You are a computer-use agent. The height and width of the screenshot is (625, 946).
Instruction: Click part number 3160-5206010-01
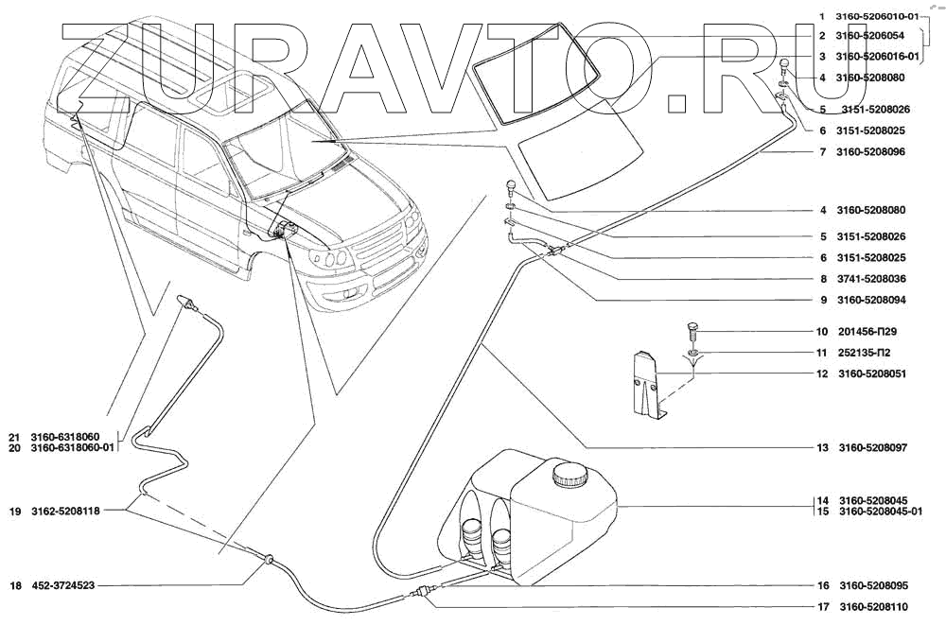click(879, 16)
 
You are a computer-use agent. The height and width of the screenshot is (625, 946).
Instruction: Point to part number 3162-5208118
click(65, 512)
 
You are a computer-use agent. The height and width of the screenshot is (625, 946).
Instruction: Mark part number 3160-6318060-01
click(73, 448)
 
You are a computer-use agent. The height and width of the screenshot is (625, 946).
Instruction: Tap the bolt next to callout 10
click(692, 332)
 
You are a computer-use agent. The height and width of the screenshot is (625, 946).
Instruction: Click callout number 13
click(823, 447)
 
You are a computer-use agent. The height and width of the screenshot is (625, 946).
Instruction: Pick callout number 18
click(14, 586)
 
